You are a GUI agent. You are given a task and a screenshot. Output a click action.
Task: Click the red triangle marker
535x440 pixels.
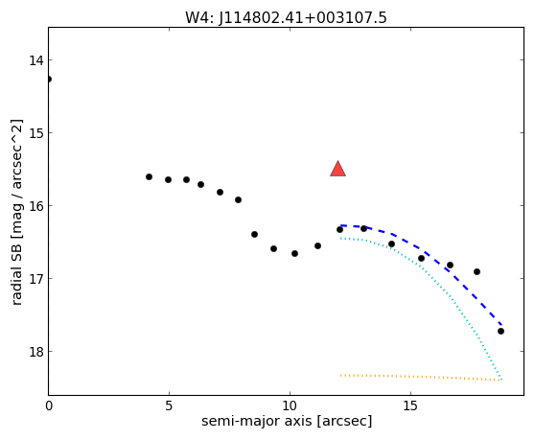click(337, 169)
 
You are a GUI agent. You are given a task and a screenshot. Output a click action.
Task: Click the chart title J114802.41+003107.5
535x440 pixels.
click(286, 18)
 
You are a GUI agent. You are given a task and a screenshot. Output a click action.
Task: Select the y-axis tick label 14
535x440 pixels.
click(36, 60)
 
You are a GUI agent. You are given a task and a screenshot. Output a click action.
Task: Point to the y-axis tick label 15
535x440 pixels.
click(36, 133)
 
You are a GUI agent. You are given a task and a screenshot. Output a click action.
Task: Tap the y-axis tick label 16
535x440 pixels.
click(36, 206)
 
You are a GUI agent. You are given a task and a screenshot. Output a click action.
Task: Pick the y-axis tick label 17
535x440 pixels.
click(36, 279)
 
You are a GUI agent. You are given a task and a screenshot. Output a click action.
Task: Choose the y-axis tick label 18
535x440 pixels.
click(36, 352)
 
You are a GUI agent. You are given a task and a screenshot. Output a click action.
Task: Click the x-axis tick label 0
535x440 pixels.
click(49, 405)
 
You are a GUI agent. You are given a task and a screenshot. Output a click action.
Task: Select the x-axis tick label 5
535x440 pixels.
click(169, 405)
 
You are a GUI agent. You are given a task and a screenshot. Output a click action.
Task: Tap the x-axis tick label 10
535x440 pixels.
click(290, 405)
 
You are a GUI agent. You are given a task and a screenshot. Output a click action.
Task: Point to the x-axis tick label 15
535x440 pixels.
click(410, 405)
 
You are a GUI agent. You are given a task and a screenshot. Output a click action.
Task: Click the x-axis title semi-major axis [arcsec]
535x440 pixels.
click(287, 421)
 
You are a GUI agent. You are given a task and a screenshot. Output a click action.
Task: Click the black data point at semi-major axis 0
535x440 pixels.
click(49, 80)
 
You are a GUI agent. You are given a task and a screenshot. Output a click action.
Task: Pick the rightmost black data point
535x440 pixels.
click(500, 331)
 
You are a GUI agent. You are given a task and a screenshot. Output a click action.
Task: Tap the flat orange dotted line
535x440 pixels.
click(420, 377)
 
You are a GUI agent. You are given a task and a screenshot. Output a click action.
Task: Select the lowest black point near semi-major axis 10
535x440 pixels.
click(294, 253)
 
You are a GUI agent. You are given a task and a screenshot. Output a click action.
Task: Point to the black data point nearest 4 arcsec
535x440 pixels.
click(150, 176)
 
